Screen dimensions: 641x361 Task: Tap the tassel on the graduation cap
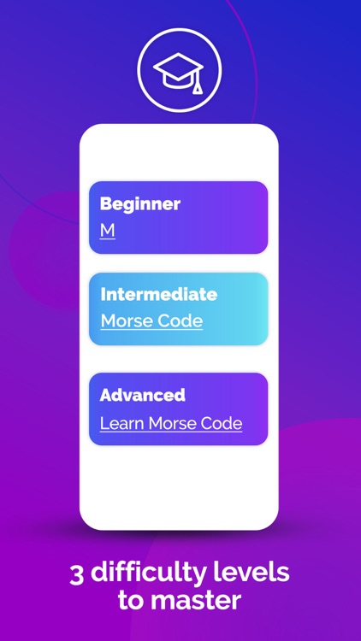tap(198, 84)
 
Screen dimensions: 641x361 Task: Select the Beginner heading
tap(140, 204)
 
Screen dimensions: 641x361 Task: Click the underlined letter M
tap(107, 230)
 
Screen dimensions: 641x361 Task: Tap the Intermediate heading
tap(158, 295)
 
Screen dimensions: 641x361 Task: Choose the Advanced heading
tap(142, 396)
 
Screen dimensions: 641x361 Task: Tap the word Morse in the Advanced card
tap(174, 423)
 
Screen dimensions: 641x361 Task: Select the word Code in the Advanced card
tap(222, 423)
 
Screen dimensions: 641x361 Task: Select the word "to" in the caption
tap(133, 600)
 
